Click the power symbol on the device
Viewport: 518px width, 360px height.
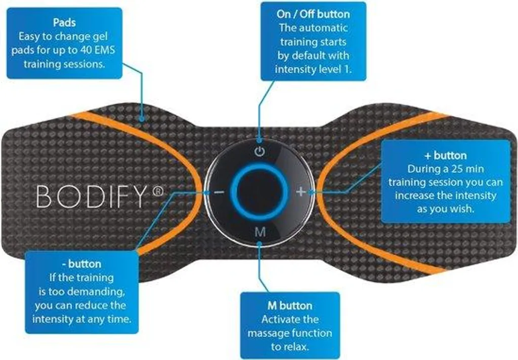260,152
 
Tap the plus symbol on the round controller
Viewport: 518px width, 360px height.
300,191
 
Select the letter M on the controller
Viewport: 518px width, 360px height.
261,232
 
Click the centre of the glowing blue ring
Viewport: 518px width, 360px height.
259,192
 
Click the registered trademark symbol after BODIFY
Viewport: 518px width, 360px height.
158,191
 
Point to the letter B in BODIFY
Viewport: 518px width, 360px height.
44,196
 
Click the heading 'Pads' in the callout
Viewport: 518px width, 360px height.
64,22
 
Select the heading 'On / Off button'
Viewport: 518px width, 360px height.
313,14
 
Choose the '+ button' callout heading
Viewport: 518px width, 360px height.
445,155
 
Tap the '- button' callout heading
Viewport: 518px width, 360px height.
81,264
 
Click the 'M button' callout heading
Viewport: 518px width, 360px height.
290,305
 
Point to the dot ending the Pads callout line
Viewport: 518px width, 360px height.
142,118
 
